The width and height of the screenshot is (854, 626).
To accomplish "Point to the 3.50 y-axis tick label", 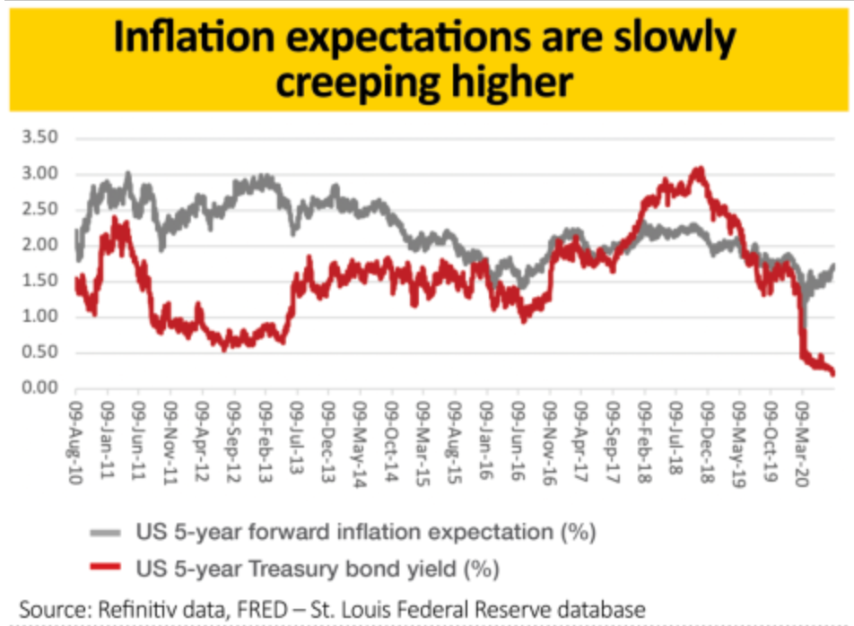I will (x=39, y=138).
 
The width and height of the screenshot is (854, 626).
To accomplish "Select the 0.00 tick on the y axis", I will (x=39, y=388).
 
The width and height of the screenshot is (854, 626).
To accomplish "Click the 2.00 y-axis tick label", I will (x=39, y=245).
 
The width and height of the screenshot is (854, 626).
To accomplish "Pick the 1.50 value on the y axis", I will (x=39, y=281).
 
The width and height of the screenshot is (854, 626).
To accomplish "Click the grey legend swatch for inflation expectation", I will (x=106, y=534).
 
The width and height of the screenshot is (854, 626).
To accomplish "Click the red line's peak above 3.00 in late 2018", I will (x=699, y=169).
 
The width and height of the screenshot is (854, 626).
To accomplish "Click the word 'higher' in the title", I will (x=517, y=83).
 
